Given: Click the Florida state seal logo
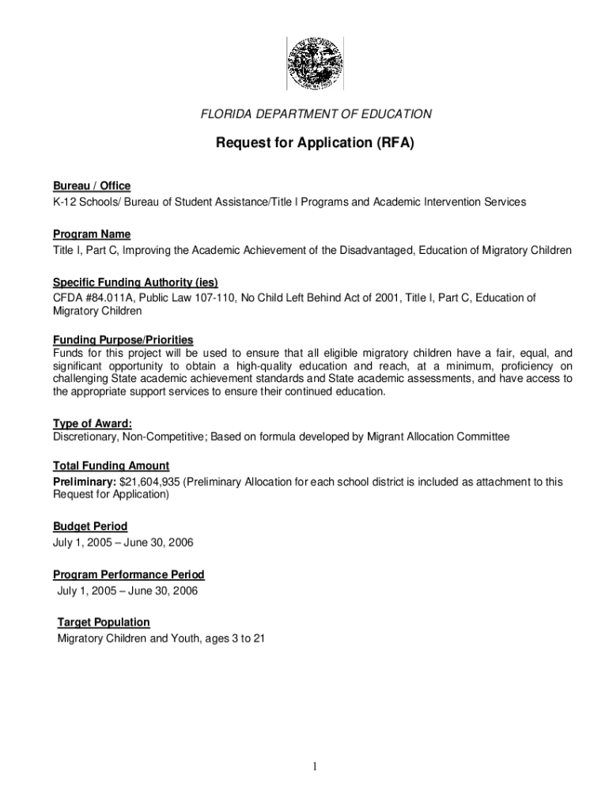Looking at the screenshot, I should (x=316, y=64).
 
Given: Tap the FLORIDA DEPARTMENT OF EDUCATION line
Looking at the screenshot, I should (x=316, y=115).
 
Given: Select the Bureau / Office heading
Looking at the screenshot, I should (x=92, y=186).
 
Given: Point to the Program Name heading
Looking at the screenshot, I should (x=92, y=234).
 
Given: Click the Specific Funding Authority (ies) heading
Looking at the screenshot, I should (x=135, y=282).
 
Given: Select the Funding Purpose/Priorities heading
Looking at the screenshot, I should (x=123, y=340).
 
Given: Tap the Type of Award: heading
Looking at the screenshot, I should (x=93, y=422).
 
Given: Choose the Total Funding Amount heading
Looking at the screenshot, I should (x=111, y=466).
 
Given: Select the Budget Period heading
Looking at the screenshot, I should (x=90, y=526).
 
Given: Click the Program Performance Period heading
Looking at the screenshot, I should (x=129, y=574).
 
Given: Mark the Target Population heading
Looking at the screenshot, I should (x=104, y=623).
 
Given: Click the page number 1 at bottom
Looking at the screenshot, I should (x=315, y=766).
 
